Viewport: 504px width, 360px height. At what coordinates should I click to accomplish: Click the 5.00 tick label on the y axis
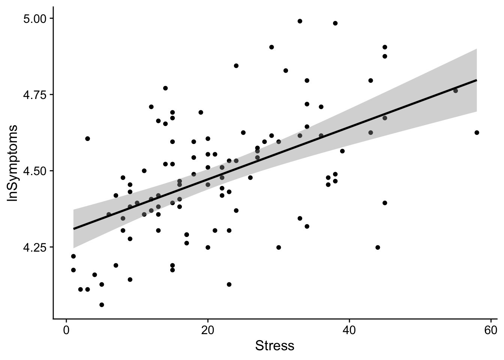pyautogui.click(x=35, y=18)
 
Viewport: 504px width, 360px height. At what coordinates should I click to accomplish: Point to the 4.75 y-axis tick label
pyautogui.click(x=35, y=94)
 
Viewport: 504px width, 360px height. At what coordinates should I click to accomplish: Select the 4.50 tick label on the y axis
pyautogui.click(x=35, y=171)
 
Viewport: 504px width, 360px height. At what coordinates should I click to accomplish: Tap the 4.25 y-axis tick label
pyautogui.click(x=35, y=247)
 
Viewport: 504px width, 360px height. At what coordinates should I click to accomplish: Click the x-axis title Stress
pyautogui.click(x=274, y=346)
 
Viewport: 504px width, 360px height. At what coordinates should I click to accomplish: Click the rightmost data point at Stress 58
pyautogui.click(x=477, y=132)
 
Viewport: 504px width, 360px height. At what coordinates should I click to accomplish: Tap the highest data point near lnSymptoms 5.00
pyautogui.click(x=300, y=21)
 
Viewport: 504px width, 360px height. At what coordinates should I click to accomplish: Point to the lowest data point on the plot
pyautogui.click(x=102, y=304)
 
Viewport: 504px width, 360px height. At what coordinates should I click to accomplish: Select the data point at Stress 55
pyautogui.click(x=456, y=91)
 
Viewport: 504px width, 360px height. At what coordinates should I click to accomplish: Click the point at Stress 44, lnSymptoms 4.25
pyautogui.click(x=378, y=247)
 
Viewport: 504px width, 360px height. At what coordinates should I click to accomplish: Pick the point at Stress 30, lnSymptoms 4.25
pyautogui.click(x=279, y=247)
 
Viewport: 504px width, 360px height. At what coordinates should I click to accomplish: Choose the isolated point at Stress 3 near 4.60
pyautogui.click(x=87, y=138)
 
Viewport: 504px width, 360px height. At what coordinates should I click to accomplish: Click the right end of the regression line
pyautogui.click(x=477, y=80)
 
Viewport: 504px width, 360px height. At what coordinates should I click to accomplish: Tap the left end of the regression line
pyautogui.click(x=73, y=229)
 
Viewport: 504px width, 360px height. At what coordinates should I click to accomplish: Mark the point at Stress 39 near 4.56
pyautogui.click(x=342, y=151)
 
